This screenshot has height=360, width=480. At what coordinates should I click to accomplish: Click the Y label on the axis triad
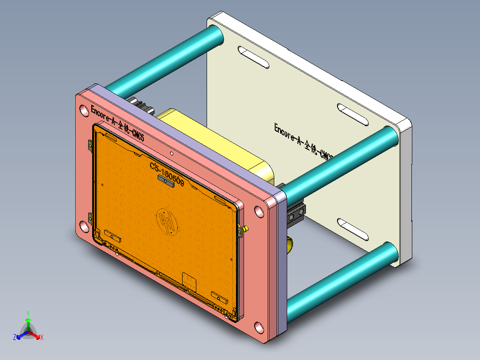tap(28, 313)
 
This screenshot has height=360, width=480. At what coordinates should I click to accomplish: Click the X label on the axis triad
tap(41, 338)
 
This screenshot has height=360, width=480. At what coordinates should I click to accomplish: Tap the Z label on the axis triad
tap(14, 337)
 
